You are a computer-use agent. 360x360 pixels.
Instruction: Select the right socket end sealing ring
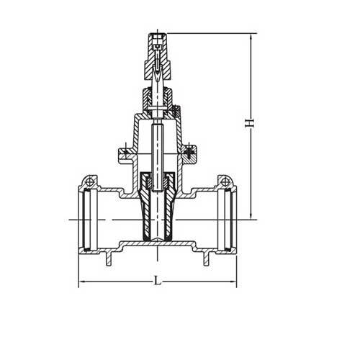[226, 215]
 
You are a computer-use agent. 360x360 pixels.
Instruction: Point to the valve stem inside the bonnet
[156, 144]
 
